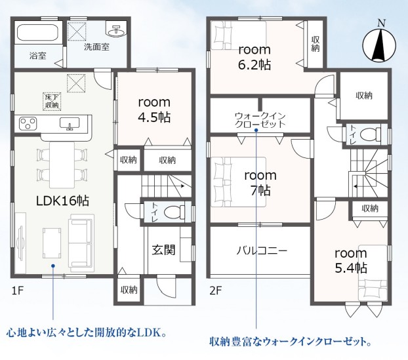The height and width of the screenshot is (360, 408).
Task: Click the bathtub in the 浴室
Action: coord(38,33)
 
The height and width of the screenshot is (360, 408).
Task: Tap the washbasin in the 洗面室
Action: coord(116,31)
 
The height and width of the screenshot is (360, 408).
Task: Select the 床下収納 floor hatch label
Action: coord(52,101)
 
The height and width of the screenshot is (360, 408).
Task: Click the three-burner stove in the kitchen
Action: coord(28,123)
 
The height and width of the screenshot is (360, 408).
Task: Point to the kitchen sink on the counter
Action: coord(70,123)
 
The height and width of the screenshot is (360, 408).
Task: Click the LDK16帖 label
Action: coord(62,201)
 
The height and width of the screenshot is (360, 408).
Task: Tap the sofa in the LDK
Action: coord(81,241)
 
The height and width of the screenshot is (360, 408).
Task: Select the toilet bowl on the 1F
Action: coord(173,212)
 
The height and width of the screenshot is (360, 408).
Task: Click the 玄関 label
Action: coord(164,250)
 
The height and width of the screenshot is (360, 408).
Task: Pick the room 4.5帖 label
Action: coord(154,110)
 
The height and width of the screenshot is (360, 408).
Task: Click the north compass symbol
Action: coord(379,43)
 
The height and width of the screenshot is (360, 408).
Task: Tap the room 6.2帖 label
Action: coord(255,57)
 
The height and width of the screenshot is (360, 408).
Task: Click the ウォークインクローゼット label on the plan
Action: coord(260,120)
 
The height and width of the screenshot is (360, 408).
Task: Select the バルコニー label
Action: coord(262,250)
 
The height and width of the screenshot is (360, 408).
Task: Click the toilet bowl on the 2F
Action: coord(369,134)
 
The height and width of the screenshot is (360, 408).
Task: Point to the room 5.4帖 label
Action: coord(351,260)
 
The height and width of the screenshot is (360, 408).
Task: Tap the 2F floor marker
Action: coord(216,290)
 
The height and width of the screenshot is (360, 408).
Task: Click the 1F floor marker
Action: coord(18,290)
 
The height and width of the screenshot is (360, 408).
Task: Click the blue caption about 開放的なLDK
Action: coord(86,332)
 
